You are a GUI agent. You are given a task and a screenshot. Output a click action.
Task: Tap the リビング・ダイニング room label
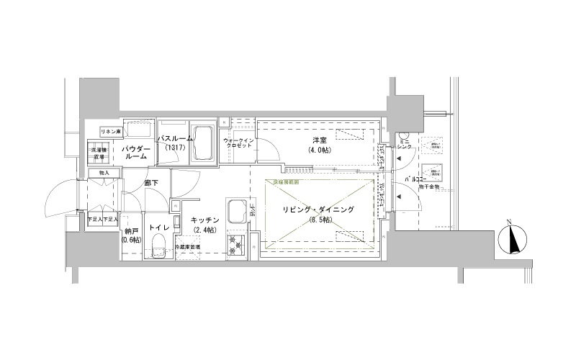point(318,210)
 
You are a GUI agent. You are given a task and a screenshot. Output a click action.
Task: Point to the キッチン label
point(205,220)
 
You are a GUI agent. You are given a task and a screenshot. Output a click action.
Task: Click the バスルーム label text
point(175,138)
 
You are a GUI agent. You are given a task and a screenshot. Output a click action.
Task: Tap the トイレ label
point(158,228)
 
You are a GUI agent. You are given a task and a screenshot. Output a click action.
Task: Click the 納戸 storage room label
point(130,231)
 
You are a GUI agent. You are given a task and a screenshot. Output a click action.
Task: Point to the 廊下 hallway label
point(151,183)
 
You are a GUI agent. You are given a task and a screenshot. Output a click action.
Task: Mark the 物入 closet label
point(104,173)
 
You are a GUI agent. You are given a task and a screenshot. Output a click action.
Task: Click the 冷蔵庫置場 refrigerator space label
point(189,248)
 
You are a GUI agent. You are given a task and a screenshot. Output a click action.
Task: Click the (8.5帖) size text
point(318,220)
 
